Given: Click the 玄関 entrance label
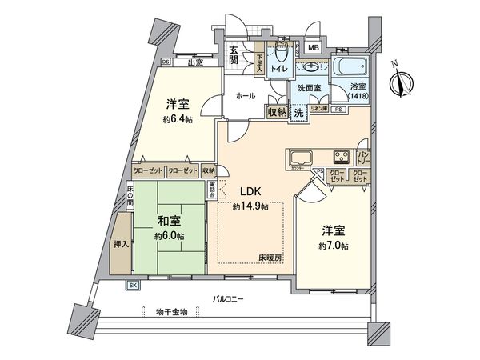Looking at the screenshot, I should click(233, 54).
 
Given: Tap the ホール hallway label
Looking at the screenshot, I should click(246, 96).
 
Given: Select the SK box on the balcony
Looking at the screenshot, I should click(132, 286).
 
